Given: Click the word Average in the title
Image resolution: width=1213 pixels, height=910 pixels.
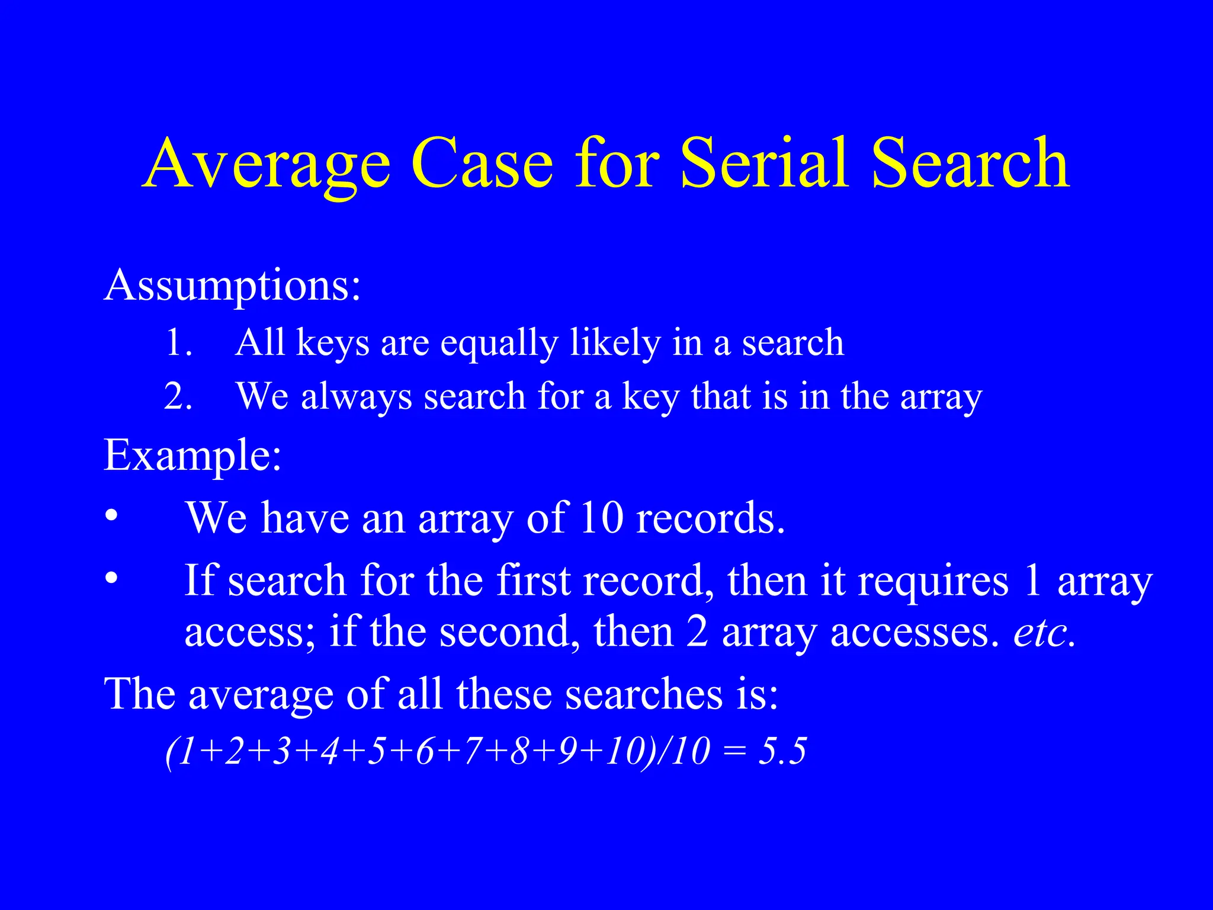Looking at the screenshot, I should point(267,164).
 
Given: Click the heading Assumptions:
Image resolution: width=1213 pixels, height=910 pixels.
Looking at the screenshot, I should point(232,286).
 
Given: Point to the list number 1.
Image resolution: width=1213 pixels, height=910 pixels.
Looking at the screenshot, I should point(178,343).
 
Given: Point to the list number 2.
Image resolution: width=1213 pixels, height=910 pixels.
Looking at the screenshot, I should point(178,396).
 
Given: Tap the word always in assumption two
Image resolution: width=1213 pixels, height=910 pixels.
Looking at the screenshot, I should point(356,398).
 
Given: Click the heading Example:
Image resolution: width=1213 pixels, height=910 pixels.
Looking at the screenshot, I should point(192,456).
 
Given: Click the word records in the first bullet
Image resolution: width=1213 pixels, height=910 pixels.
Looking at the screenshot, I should point(710,518).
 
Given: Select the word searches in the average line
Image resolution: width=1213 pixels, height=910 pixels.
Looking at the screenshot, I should point(643,694).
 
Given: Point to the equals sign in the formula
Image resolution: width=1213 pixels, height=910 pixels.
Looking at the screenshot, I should point(734,752).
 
